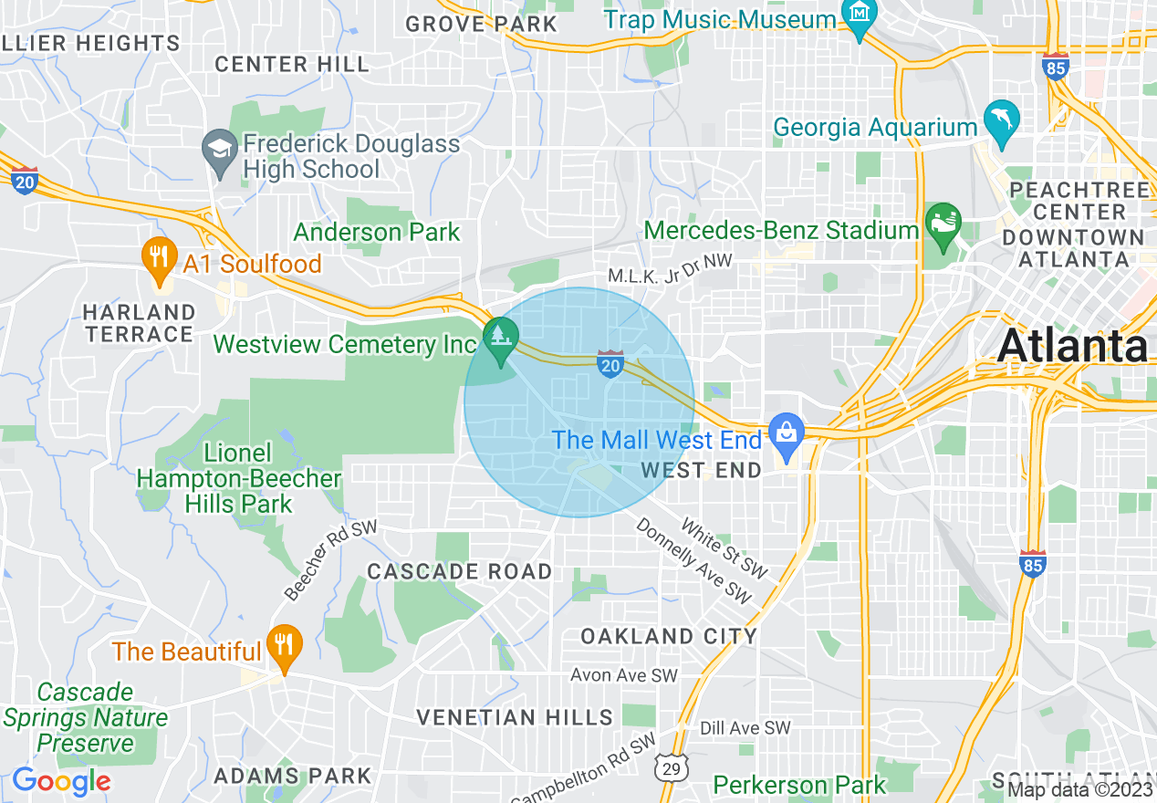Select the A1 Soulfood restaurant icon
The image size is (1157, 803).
click(160, 258)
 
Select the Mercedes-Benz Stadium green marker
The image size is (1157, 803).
click(943, 224)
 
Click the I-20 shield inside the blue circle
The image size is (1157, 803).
click(610, 363)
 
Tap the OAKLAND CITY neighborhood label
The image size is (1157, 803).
click(669, 636)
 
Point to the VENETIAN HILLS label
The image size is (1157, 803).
click(515, 717)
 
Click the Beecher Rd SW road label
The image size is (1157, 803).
click(329, 562)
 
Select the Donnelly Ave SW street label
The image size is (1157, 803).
click(693, 562)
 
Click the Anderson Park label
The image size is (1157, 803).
click(377, 232)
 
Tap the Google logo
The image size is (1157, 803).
click(61, 781)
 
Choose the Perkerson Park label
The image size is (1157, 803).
click(798, 785)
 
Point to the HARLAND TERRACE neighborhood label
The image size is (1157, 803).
click(139, 323)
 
